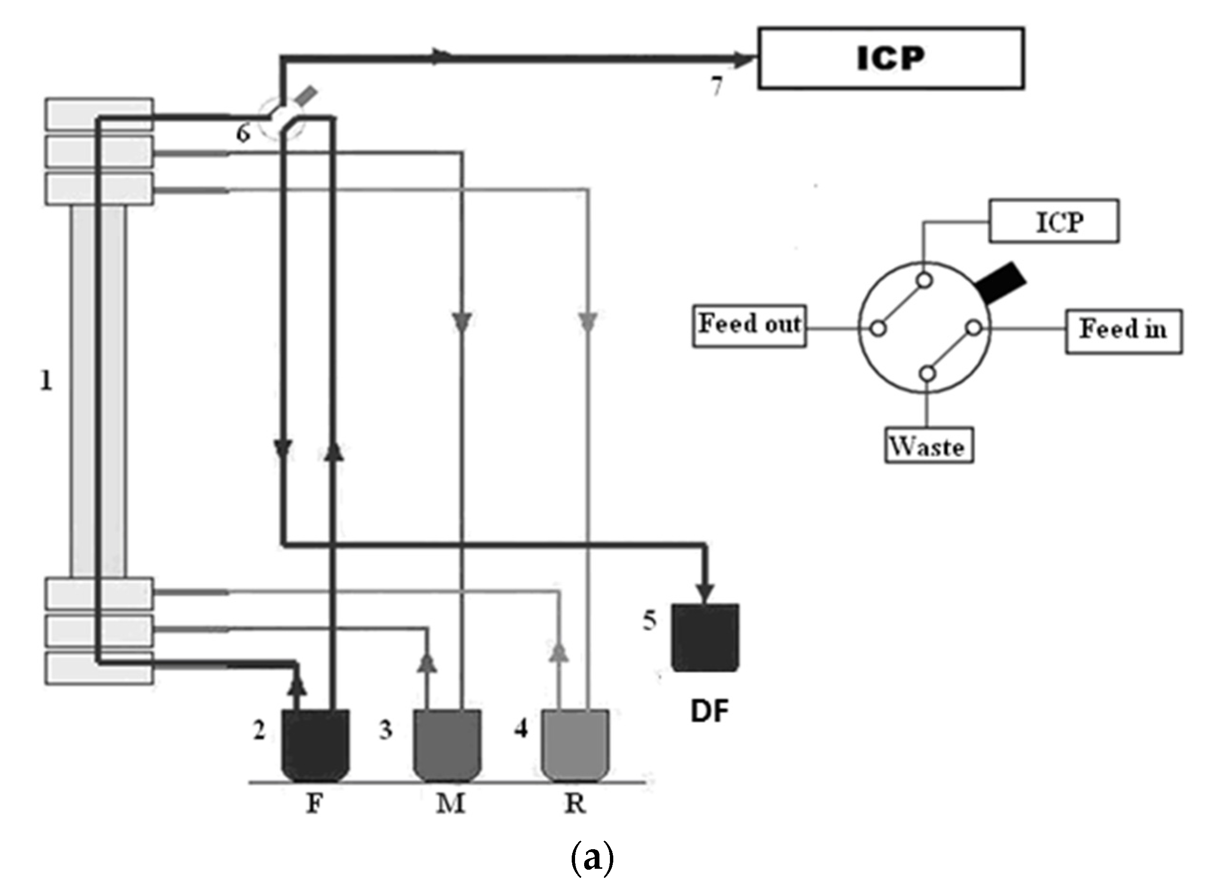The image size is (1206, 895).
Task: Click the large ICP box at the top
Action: pos(890,58)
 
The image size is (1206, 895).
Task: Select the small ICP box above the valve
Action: pos(1053,221)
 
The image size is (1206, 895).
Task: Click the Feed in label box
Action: pos(1123,331)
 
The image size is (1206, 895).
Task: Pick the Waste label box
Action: pos(929,445)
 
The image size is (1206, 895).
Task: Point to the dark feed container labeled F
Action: pos(315,745)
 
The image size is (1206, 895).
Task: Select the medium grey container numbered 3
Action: pos(447,745)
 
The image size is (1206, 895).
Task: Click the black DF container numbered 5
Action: pos(705,638)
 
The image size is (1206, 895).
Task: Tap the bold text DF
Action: pos(709,711)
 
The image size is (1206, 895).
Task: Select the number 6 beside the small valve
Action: pos(243,133)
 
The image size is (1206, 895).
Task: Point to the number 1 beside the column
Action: pos(47,381)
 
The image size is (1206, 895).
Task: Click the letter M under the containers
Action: pos(450,803)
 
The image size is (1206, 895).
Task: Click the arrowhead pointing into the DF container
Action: pos(705,592)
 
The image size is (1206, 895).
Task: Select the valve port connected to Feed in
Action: pos(974,328)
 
